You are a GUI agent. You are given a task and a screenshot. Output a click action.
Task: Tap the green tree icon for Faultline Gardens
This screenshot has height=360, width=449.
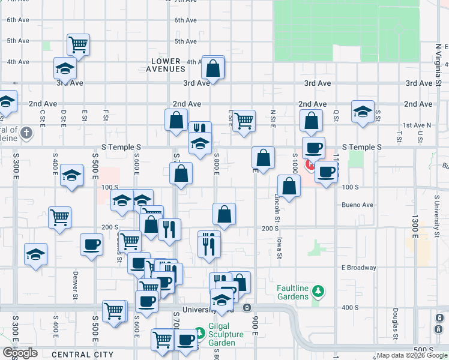[319, 292]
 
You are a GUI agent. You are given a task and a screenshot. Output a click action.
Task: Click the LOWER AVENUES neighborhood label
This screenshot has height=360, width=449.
[166, 65]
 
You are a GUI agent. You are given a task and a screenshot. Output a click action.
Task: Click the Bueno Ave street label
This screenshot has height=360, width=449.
[358, 205]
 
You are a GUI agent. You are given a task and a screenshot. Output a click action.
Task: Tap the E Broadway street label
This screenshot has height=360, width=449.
[358, 268]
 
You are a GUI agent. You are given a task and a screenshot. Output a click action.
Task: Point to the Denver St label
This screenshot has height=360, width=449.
[76, 284]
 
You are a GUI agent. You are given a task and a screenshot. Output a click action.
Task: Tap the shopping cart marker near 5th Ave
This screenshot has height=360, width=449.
[78, 44]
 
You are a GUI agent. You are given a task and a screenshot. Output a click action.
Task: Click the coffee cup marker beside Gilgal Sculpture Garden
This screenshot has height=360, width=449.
[185, 340]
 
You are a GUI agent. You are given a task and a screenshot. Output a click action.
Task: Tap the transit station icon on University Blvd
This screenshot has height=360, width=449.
[247, 308]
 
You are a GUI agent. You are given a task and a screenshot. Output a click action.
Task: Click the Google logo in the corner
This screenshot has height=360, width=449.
[20, 353]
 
